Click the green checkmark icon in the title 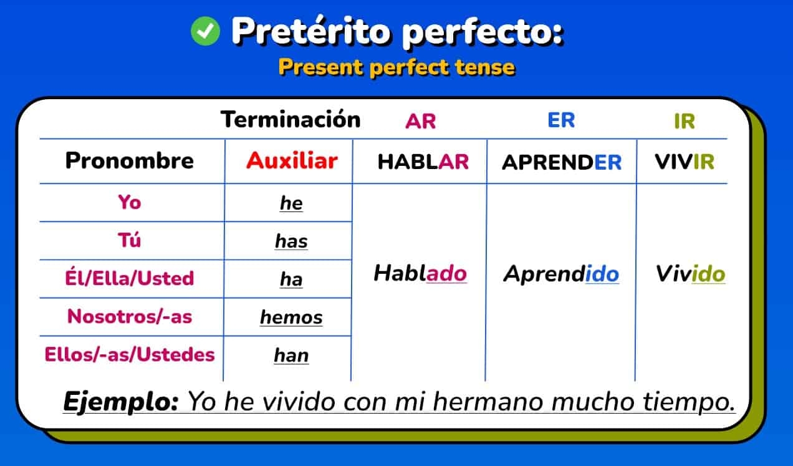(x=205, y=31)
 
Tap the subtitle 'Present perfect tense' (x=396, y=67)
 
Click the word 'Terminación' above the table (x=291, y=119)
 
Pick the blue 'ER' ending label (x=561, y=120)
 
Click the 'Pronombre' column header (x=130, y=161)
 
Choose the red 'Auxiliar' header (x=291, y=161)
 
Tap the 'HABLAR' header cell (x=423, y=162)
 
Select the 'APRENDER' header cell (x=562, y=162)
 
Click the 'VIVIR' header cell (x=684, y=162)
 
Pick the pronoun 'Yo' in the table (x=130, y=202)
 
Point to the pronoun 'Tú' (x=130, y=240)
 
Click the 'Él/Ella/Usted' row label (x=130, y=278)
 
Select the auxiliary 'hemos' (x=291, y=318)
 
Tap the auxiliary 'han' (x=291, y=356)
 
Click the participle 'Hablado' (x=420, y=273)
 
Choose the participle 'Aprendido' (x=561, y=273)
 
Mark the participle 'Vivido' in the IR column (x=690, y=274)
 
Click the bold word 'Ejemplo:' (x=121, y=401)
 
